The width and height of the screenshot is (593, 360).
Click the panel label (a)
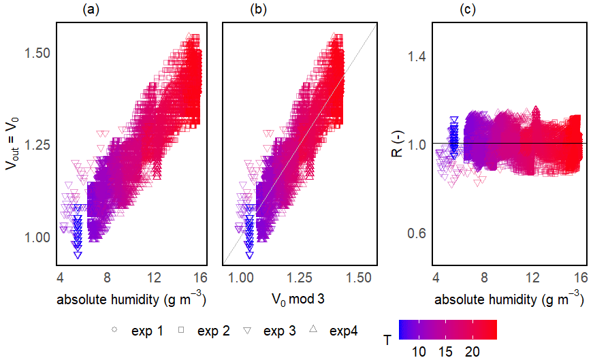point(91,10)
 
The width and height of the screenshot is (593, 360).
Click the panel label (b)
point(259,10)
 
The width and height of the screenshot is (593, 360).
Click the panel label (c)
point(468,10)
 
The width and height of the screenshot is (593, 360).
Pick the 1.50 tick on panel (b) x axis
point(359,278)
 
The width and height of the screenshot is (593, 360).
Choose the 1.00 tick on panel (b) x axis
point(239,278)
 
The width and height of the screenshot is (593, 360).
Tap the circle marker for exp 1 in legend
point(114,331)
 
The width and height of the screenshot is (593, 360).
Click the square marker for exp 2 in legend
point(182,331)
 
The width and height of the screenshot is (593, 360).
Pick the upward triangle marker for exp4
point(314,331)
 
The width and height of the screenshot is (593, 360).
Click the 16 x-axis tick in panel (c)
point(580,278)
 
